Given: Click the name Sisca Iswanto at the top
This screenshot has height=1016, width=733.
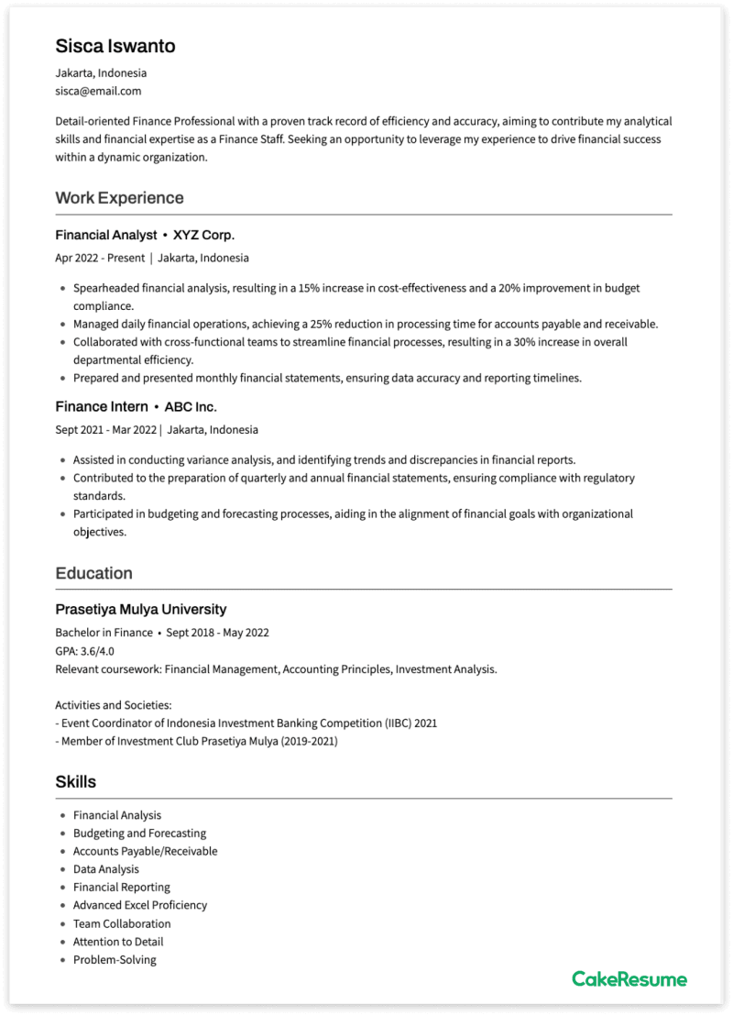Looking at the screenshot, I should [115, 46].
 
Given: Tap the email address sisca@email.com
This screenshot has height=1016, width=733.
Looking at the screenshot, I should [98, 91].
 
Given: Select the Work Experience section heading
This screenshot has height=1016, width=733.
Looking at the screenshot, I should [119, 198].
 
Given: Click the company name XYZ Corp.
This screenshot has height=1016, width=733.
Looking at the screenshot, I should [203, 236].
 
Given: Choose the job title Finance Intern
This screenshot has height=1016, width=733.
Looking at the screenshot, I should [101, 406].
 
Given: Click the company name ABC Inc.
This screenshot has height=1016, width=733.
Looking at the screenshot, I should [191, 406].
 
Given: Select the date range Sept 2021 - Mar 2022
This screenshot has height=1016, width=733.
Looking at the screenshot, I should [105, 429].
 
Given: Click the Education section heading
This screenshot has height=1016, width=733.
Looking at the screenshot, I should [93, 573].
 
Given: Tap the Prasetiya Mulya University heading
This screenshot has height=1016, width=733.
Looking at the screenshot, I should [140, 610].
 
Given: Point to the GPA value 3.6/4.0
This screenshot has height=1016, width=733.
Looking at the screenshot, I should [96, 651].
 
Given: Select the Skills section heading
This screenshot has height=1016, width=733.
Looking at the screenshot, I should [75, 782].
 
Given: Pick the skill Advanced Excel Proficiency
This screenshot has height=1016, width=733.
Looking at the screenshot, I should [140, 905].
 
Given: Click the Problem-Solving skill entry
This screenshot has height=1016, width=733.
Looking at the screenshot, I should [115, 959].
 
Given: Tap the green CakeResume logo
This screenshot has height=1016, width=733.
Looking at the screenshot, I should [629, 979].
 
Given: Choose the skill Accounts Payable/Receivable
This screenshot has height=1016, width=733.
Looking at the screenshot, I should [145, 851].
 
